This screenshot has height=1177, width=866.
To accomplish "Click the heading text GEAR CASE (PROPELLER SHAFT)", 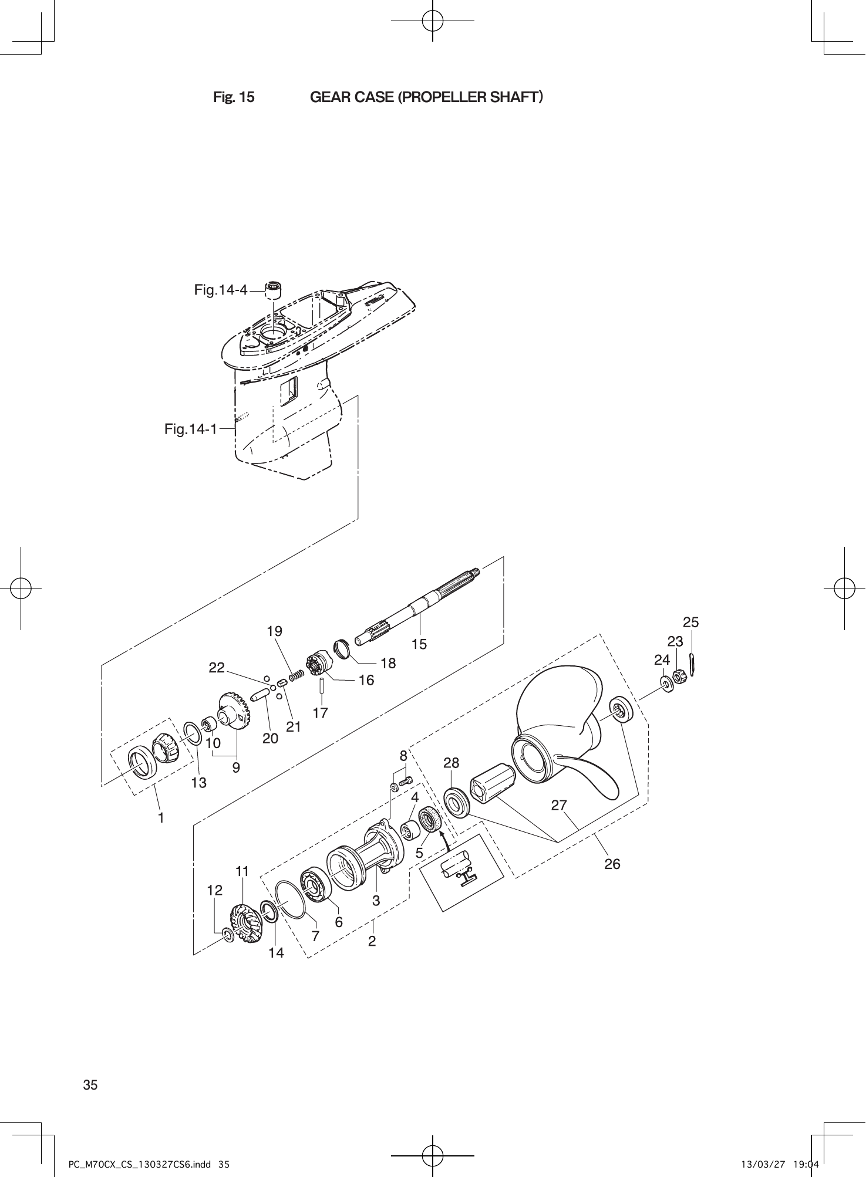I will pyautogui.click(x=426, y=97).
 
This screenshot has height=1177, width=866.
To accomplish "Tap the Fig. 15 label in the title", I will pyautogui.click(x=234, y=97).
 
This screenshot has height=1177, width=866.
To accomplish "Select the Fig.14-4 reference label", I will pyautogui.click(x=220, y=289).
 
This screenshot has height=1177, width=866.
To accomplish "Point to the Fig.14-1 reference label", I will pyautogui.click(x=190, y=429).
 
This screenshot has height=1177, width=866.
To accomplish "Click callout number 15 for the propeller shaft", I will pyautogui.click(x=419, y=644).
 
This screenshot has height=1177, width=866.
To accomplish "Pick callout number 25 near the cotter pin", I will pyautogui.click(x=691, y=622).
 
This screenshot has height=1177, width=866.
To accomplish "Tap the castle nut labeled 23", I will pyautogui.click(x=679, y=677).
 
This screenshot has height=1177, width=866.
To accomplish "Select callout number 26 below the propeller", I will pyautogui.click(x=612, y=864).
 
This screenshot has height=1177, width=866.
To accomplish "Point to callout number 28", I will pyautogui.click(x=451, y=763).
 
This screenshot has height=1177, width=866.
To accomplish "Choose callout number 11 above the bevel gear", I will pyautogui.click(x=242, y=871).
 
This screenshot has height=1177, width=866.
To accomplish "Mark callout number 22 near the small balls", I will pyautogui.click(x=217, y=668).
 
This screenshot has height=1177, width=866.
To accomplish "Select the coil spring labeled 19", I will pyautogui.click(x=296, y=676).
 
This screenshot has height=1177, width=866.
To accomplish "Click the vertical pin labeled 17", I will pyautogui.click(x=322, y=686).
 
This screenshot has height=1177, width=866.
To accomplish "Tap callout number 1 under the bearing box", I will pyautogui.click(x=160, y=817).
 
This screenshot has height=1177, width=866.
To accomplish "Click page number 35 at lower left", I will pyautogui.click(x=90, y=1085).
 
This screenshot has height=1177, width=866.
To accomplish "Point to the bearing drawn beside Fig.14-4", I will pyautogui.click(x=273, y=288).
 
